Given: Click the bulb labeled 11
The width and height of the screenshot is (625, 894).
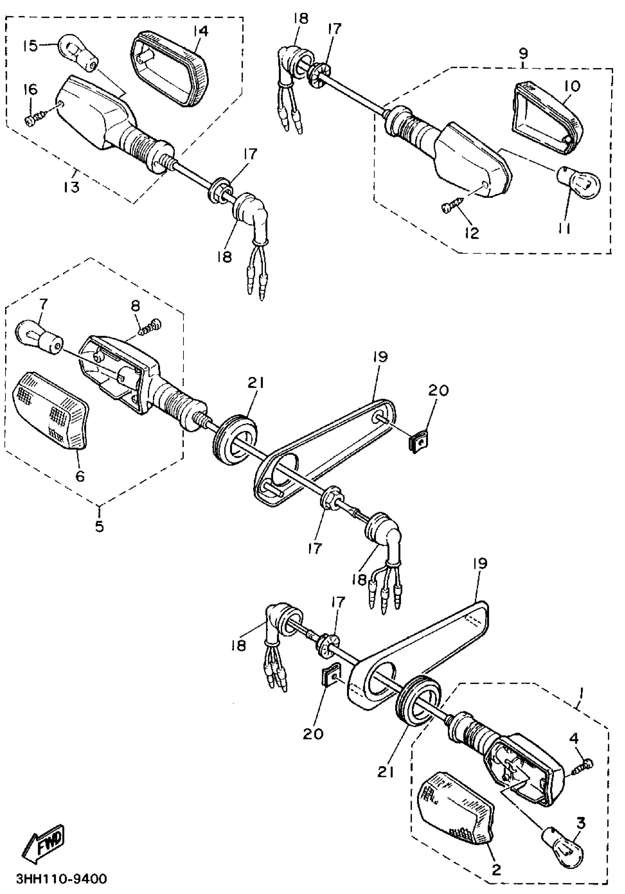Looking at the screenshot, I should (x=580, y=182).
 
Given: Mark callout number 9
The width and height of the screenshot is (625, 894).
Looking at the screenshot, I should (x=522, y=53).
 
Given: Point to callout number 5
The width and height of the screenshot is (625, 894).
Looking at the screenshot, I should (x=99, y=526).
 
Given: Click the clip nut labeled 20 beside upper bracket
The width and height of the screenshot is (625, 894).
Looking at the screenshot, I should (x=417, y=443).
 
